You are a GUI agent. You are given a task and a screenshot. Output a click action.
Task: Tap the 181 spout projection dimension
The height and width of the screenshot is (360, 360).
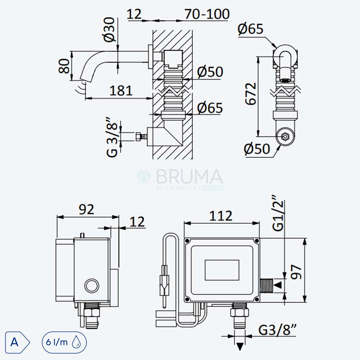[x=121, y=90]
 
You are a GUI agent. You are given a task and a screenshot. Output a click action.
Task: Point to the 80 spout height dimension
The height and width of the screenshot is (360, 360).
[x=64, y=66]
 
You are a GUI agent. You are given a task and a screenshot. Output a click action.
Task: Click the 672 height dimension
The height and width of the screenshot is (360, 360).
[x=251, y=94]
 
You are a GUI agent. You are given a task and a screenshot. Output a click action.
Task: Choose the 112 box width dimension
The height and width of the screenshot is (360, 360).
[x=221, y=216]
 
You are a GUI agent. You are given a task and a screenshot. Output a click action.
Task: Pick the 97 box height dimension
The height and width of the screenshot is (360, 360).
[x=296, y=272]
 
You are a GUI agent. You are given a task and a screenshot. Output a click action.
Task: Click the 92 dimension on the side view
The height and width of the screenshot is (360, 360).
[x=86, y=209]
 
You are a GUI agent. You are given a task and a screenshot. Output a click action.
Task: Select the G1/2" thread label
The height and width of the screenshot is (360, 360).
[x=278, y=213]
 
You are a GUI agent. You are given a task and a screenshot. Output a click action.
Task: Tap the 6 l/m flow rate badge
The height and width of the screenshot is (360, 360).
[x=64, y=342]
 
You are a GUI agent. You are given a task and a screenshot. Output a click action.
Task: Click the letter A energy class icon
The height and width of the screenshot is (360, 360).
[x=17, y=342]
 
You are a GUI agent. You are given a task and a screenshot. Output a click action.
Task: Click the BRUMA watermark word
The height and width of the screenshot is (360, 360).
[x=189, y=176]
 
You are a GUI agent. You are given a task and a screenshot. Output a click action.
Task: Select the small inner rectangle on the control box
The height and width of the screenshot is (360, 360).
[x=222, y=270]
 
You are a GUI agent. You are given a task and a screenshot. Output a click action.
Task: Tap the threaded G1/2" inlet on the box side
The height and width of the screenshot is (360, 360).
[x=266, y=285]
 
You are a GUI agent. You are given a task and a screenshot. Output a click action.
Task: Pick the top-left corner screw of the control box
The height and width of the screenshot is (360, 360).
[x=187, y=241]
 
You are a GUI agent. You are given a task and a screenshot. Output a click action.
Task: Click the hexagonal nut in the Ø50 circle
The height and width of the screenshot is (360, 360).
[x=285, y=136]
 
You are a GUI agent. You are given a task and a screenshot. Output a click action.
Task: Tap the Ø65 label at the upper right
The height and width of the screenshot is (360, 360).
[x=251, y=29]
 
